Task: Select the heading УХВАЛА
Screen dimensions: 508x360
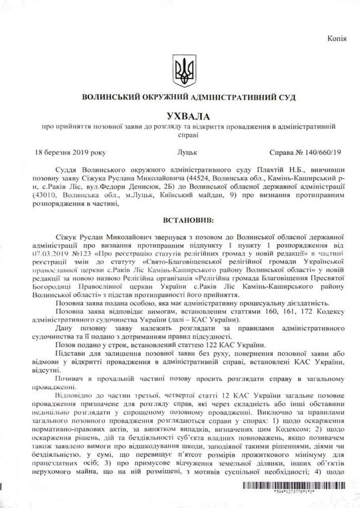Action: (x=180, y=116)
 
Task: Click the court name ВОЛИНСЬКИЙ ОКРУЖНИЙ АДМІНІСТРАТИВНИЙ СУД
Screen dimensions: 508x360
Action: (x=180, y=97)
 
